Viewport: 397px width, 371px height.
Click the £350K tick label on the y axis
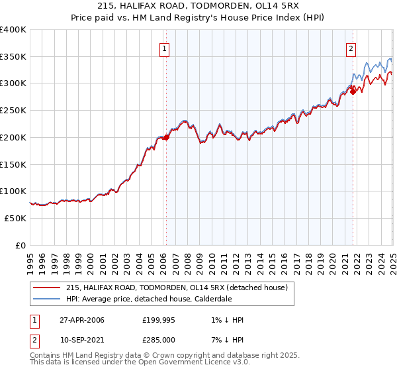click(13, 57)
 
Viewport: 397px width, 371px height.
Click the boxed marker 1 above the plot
click(163, 48)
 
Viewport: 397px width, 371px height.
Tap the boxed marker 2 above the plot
click(350, 48)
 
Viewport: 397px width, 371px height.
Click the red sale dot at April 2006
click(166, 137)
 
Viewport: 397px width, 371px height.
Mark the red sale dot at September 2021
click(353, 91)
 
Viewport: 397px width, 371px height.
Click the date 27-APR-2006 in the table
click(81, 319)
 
